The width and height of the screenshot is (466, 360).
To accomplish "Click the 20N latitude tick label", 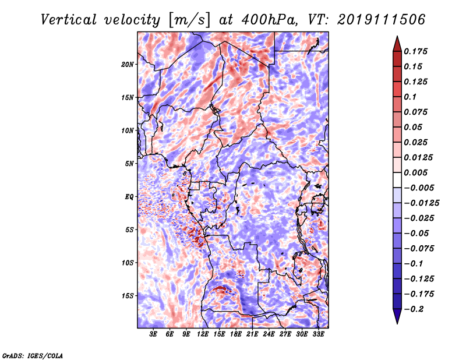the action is point(127,65).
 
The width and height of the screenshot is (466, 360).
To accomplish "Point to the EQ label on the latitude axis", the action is point(129,197).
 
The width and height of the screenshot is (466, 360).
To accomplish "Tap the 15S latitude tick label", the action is point(127,296).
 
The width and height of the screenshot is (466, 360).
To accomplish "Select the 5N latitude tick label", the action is point(129,164).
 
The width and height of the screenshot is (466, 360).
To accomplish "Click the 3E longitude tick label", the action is point(153,334).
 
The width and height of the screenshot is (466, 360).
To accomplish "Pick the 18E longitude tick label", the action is point(236,334).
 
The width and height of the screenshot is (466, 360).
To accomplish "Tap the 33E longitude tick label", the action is point(318,334).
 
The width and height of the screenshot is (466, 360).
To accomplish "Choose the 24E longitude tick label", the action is point(269,334).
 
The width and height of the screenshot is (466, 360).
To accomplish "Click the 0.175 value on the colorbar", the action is point(415,51).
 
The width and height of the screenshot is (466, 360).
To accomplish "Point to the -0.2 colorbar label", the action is point(414,309).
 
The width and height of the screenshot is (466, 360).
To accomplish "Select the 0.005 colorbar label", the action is point(415,172).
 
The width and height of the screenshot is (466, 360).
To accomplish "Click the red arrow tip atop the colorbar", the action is point(397,37).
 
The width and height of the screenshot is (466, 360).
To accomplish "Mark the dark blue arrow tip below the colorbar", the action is point(397,323).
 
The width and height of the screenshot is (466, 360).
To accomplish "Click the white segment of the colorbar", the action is point(397,180).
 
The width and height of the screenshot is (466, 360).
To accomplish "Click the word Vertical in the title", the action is point(69,20).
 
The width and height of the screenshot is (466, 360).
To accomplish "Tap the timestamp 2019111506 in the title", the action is point(381,20).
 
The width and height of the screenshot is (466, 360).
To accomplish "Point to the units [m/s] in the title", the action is point(189,20).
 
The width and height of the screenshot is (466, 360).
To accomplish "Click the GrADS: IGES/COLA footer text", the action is point(33,356).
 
